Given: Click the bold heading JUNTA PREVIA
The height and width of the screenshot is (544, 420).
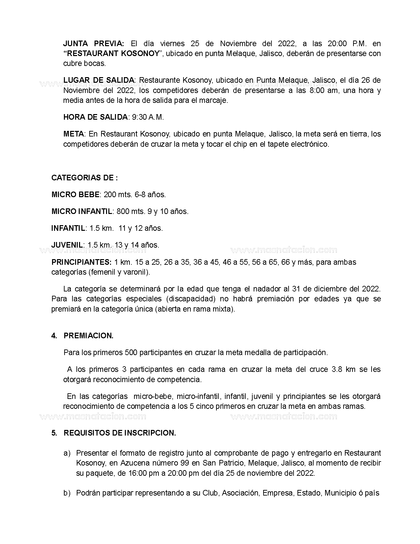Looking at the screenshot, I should pos(94,44).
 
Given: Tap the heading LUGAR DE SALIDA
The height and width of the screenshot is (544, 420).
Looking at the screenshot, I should pos(98,80).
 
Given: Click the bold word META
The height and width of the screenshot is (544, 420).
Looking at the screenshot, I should pos(74,134).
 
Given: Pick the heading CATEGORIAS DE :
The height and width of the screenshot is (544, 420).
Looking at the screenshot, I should pos(85,178).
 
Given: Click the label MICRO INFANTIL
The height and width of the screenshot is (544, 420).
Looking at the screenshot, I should pos(82,211).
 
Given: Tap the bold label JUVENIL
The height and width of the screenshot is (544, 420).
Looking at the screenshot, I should pos(67,245).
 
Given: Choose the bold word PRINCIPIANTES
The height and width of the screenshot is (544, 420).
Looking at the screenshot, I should pos(81,262).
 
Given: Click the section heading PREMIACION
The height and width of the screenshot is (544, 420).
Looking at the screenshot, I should pos(88,336).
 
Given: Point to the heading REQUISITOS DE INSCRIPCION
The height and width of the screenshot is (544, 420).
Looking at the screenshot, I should pos(120,433).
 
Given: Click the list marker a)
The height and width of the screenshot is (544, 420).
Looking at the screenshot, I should pos(67,453).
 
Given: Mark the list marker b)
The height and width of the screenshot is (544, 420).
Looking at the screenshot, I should pos(67,493).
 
